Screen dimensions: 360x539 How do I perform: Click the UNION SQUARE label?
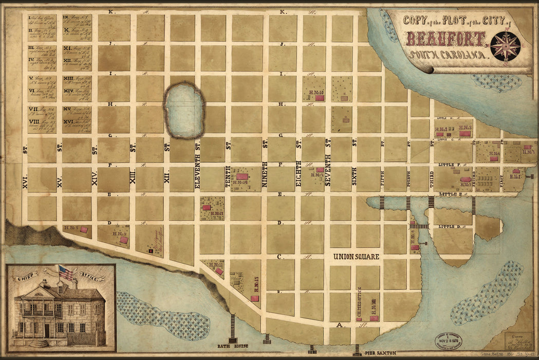[x=356, y=257]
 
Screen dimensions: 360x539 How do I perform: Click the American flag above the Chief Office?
[x=66, y=273]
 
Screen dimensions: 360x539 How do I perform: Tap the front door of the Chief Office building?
[x=47, y=330]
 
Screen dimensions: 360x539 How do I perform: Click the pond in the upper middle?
[x=183, y=111]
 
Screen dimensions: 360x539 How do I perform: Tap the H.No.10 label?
[x=315, y=93]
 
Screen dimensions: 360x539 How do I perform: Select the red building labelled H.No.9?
[x=124, y=240]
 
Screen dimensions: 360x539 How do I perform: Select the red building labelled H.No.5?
[x=84, y=229]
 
